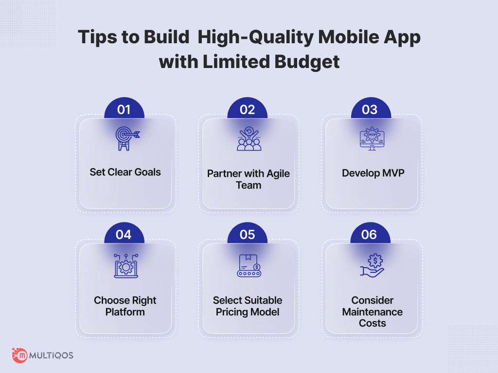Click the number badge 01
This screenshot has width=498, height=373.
tap(124, 108)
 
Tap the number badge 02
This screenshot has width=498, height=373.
tap(248, 108)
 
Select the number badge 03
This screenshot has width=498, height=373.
tap(371, 108)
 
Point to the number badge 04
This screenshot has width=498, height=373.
tap(124, 234)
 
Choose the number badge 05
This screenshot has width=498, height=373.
tap(248, 234)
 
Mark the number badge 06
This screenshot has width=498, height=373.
tap(370, 234)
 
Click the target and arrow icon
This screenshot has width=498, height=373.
tap(127, 138)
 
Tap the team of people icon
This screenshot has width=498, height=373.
tap(249, 138)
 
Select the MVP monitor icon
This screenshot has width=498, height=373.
tap(372, 138)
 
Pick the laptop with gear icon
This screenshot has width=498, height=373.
tap(126, 266)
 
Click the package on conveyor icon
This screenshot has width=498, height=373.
tap(249, 266)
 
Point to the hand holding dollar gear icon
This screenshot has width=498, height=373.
tap(372, 266)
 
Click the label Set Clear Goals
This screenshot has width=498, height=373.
tap(125, 172)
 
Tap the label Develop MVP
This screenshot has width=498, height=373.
tap(373, 173)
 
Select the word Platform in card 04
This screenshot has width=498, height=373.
tap(125, 312)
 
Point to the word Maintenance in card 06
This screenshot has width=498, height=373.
tap(373, 312)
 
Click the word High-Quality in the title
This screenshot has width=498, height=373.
tap(256, 37)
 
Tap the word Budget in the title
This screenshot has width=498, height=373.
tap(307, 62)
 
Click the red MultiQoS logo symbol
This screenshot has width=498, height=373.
tap(19, 355)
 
